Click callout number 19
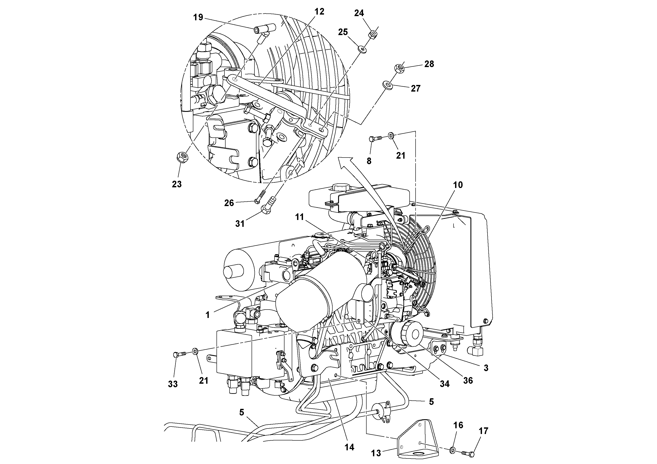[198, 17]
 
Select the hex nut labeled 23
[182, 157]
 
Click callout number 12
[319, 12]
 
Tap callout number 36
[468, 380]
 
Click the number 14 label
[349, 447]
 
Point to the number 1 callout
[208, 315]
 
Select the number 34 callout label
[444, 384]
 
